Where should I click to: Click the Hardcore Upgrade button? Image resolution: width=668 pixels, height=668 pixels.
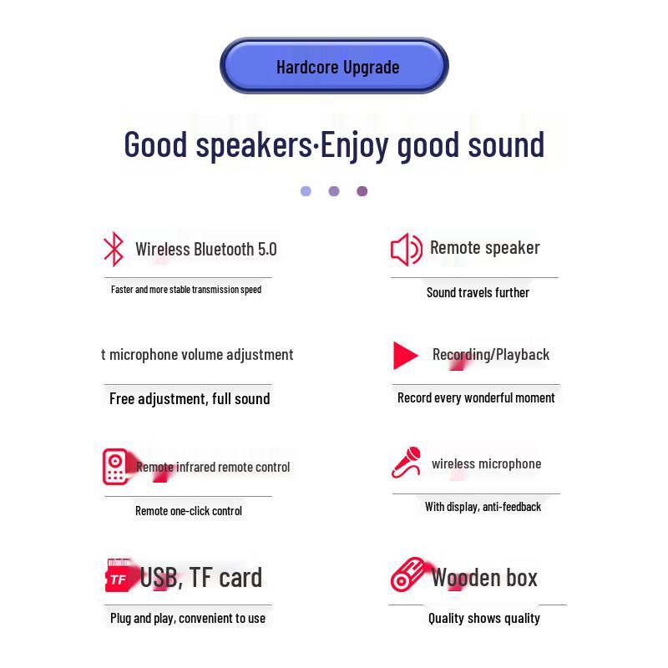point(334,66)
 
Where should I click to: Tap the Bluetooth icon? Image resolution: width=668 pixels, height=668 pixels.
point(113,249)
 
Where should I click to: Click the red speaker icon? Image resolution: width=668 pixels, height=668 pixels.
point(407,249)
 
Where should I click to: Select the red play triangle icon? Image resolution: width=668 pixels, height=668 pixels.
point(405,356)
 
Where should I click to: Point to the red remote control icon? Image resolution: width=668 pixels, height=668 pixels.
point(114,467)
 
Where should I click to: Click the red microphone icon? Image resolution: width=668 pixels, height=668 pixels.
point(407,463)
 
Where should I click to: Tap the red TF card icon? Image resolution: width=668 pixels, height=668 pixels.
point(119,577)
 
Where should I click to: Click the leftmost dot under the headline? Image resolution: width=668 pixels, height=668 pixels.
point(306,191)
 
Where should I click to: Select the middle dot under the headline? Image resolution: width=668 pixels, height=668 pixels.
point(334,191)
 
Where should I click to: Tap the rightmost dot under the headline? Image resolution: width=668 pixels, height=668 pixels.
point(362,191)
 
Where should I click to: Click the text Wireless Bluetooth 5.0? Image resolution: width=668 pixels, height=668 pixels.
point(205,249)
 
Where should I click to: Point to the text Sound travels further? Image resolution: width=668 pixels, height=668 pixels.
point(478,292)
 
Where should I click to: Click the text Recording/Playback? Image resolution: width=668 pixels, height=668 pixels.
point(491,354)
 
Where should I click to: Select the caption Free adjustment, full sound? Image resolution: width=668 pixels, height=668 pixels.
point(190,398)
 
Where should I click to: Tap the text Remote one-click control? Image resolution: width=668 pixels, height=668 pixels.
point(189,510)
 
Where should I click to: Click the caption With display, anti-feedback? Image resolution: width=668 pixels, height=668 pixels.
point(483,507)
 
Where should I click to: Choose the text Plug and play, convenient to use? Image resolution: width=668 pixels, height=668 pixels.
point(188,618)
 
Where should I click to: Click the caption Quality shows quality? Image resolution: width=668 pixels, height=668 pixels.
point(484,618)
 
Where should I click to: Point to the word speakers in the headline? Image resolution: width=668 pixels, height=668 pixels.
point(254,144)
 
